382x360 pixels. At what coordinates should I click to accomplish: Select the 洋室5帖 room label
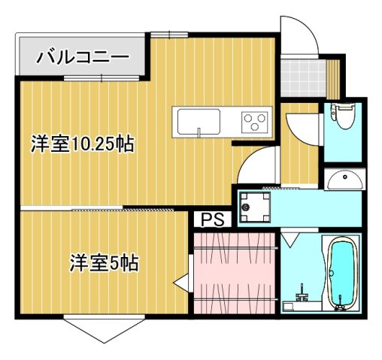click(104, 265)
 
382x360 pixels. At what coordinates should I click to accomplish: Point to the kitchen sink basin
click(198, 120)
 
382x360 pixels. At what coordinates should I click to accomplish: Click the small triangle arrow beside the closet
click(180, 283)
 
